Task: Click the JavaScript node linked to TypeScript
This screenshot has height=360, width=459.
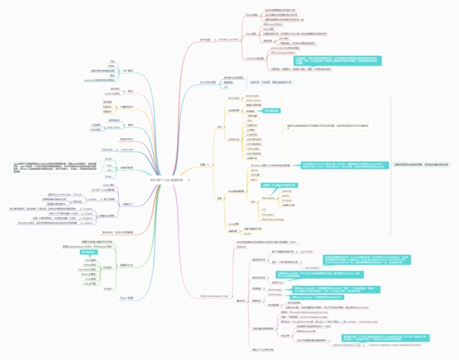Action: [x=127, y=149]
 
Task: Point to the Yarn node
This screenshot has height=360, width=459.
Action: [x=108, y=170]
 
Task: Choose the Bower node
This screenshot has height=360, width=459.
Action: [x=108, y=176]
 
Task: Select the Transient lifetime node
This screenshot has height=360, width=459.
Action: [x=87, y=207]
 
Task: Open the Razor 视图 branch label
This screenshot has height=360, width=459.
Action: [x=127, y=297]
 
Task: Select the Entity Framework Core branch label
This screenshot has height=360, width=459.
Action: [x=214, y=296]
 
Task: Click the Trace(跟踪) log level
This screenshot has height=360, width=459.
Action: [x=89, y=259]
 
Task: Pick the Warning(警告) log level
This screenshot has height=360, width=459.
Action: [x=89, y=274]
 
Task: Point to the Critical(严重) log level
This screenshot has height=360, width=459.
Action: [x=89, y=284]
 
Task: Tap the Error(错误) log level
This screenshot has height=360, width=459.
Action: [x=89, y=279]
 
